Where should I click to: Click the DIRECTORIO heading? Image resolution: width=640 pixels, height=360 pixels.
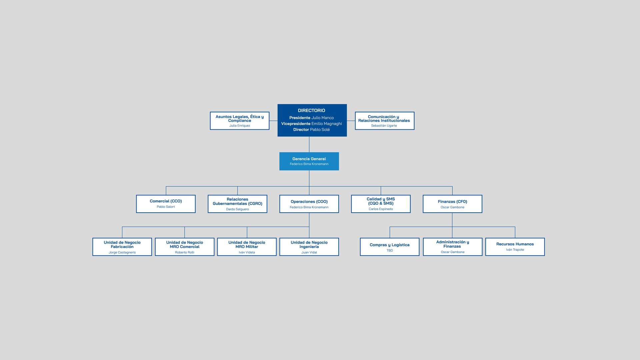[311, 110]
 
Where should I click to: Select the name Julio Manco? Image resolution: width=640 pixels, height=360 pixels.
[322, 118]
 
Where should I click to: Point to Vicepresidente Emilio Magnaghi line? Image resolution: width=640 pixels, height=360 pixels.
[311, 124]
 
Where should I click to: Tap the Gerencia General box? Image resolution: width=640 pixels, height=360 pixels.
[309, 161]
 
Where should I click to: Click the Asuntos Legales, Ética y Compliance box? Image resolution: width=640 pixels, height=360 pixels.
[240, 121]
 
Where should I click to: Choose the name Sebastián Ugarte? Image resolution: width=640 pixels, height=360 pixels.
[384, 126]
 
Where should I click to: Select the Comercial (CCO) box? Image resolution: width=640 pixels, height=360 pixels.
[166, 204]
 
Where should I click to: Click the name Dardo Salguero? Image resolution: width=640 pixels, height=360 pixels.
[237, 209]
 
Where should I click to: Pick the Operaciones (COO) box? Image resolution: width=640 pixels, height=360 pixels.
[309, 204]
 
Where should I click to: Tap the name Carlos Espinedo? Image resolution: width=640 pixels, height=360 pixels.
[381, 209]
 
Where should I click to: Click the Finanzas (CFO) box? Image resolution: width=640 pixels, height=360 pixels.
[452, 204]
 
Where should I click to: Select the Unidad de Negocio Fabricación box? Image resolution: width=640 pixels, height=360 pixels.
[122, 247]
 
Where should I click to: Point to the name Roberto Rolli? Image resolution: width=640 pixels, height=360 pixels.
[185, 252]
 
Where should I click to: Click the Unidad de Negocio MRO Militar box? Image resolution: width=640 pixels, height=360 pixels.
[247, 247]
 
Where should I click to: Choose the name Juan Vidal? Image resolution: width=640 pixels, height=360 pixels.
[309, 252]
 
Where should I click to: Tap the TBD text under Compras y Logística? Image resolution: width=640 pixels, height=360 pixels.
[390, 250]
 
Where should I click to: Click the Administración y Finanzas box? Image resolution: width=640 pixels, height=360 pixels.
[453, 247]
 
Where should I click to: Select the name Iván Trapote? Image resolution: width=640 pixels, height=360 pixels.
[515, 250]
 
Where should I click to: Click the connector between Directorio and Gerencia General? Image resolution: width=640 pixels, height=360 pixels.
[309, 144]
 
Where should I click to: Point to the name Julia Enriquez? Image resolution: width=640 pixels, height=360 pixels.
[240, 126]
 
